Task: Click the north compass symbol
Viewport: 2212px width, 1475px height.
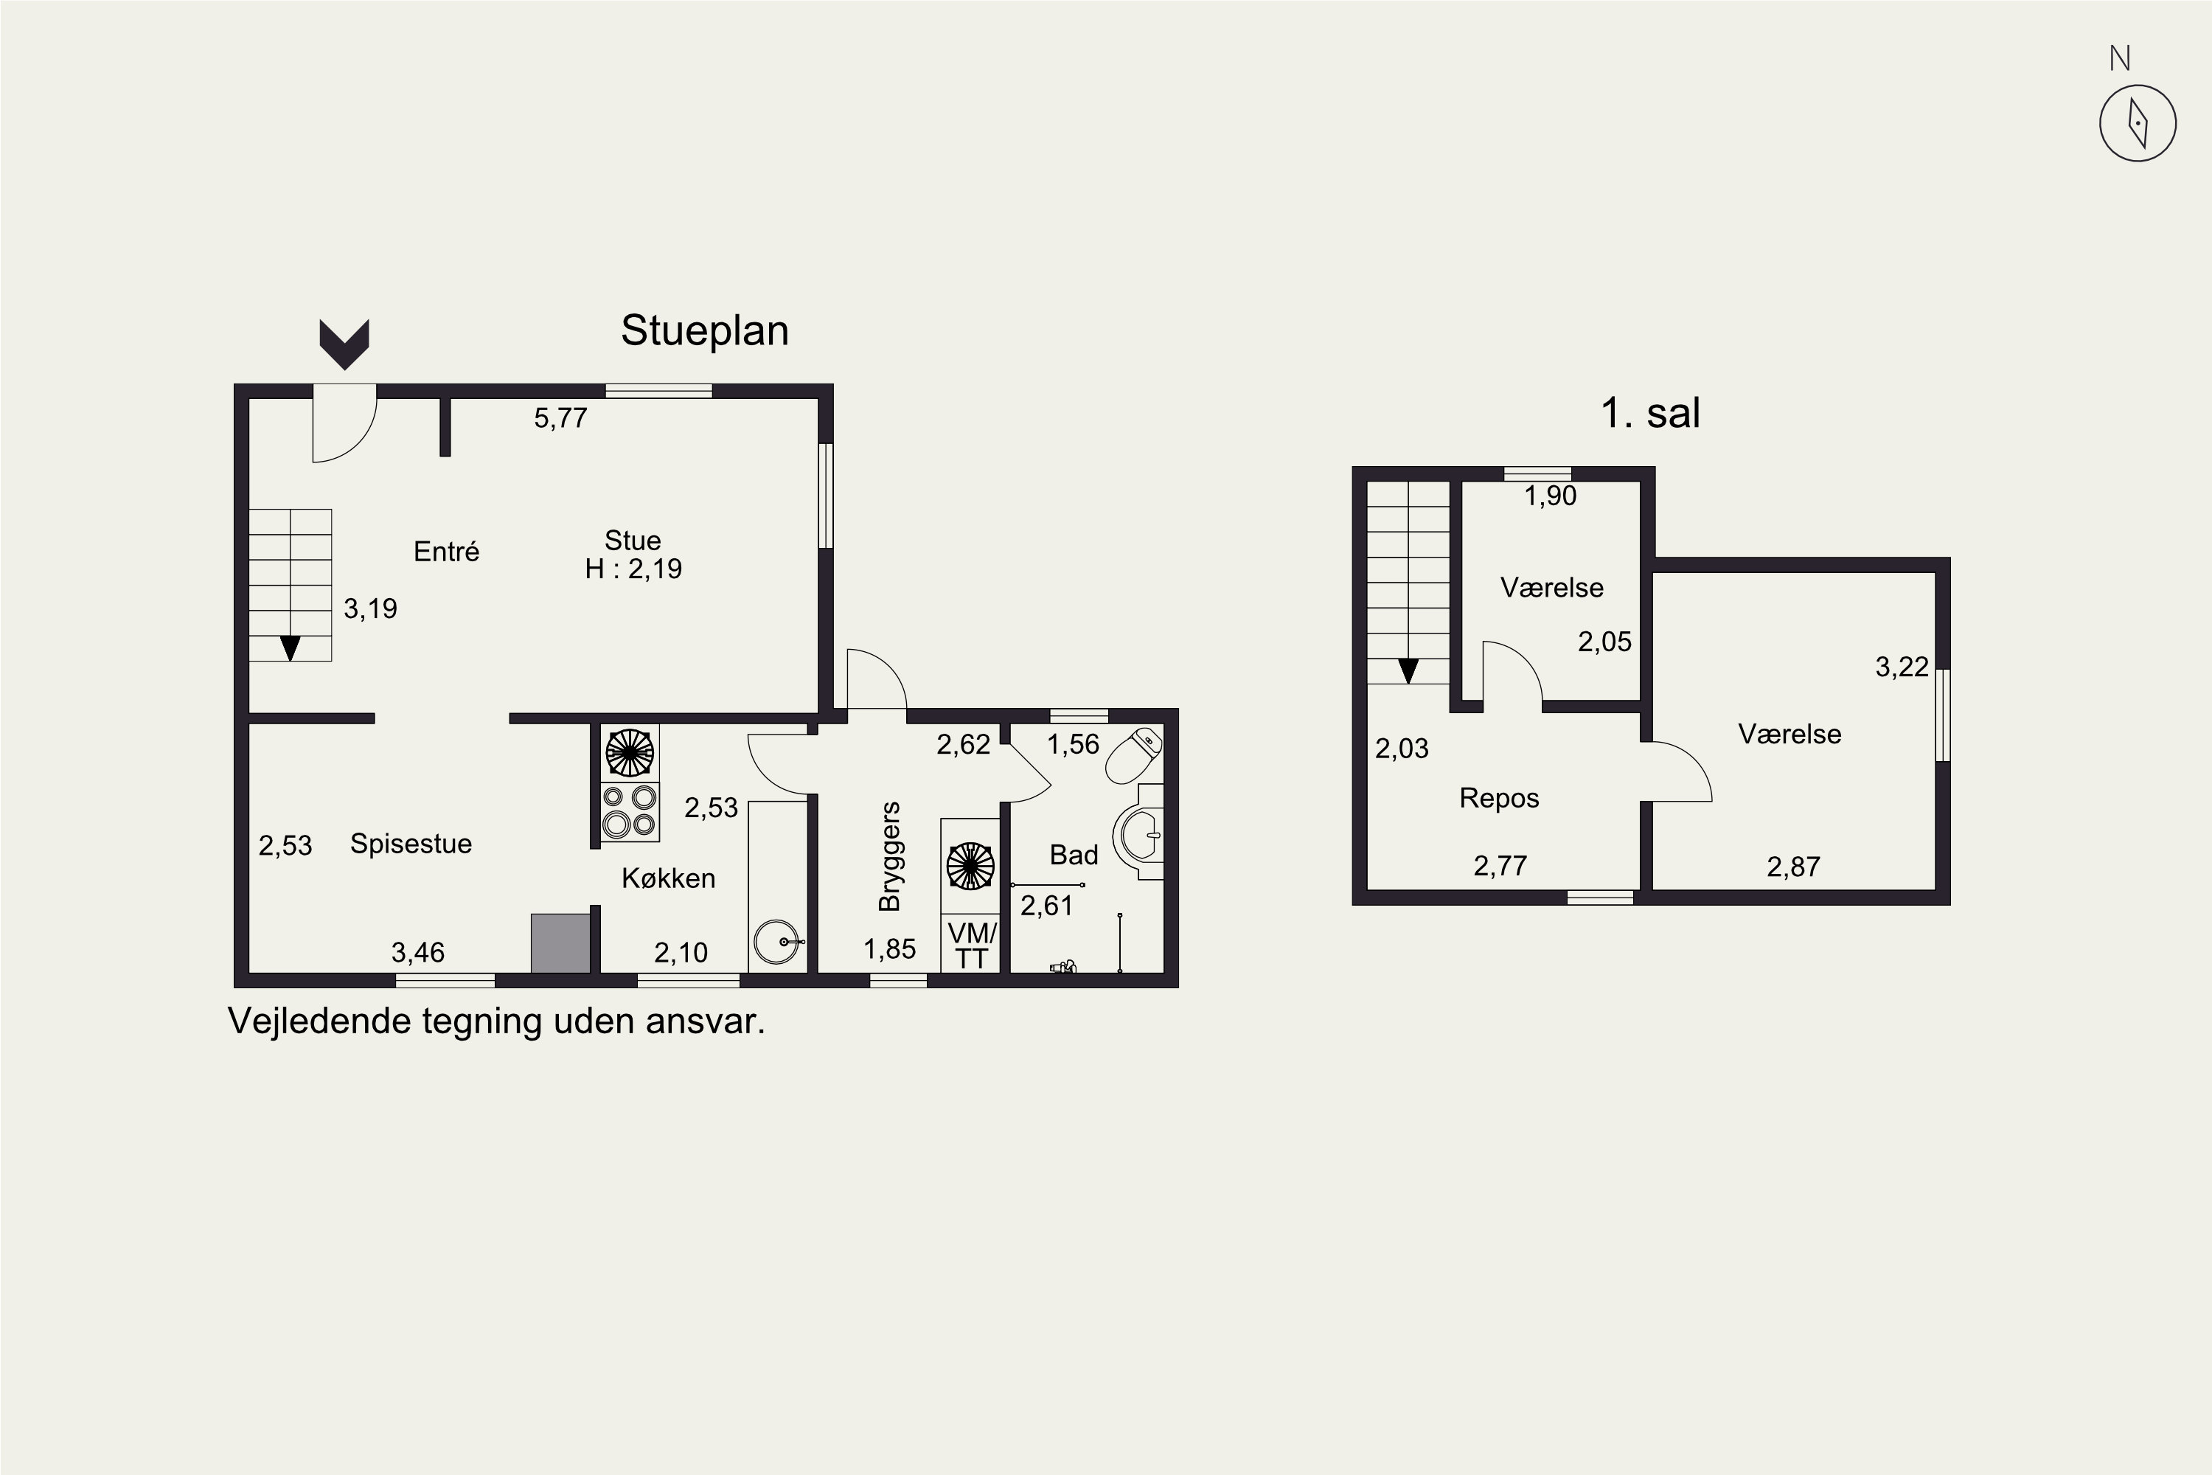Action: (x=2138, y=123)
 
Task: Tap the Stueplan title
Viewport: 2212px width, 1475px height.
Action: (x=704, y=331)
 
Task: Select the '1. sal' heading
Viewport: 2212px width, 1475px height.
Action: (x=1651, y=413)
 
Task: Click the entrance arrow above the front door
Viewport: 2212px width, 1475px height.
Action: (x=344, y=344)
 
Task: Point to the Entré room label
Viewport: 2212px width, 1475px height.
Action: (x=447, y=551)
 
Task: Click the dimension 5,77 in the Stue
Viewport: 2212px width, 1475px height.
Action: (x=560, y=417)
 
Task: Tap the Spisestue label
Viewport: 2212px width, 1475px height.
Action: (x=411, y=844)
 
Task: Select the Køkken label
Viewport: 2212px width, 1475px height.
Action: (x=669, y=878)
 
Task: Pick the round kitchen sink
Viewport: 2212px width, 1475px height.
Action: (x=778, y=942)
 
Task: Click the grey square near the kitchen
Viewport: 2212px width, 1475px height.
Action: (x=560, y=943)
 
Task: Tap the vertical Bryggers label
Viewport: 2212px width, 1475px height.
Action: (x=890, y=856)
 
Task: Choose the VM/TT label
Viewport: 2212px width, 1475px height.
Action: (x=972, y=945)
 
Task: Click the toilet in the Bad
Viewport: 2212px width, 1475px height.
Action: (x=1134, y=754)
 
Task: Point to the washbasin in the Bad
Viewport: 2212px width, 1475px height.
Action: (x=1139, y=833)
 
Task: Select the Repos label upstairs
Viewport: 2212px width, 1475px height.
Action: (x=1499, y=799)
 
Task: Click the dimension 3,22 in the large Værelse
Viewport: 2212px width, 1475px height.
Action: (x=1902, y=667)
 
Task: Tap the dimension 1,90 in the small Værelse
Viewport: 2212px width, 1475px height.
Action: (x=1550, y=496)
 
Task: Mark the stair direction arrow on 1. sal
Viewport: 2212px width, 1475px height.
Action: (x=1408, y=670)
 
